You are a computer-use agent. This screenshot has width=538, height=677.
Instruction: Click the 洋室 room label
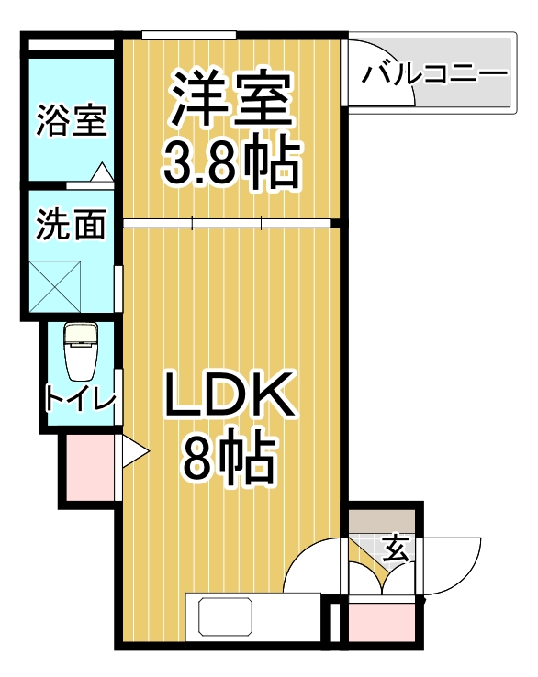click(230, 100)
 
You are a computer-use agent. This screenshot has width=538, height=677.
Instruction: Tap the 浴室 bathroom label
click(72, 121)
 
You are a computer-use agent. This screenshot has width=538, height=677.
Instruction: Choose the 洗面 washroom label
click(71, 225)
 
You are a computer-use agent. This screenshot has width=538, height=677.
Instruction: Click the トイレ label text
click(80, 400)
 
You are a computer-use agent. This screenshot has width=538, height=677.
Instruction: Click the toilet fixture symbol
click(81, 351)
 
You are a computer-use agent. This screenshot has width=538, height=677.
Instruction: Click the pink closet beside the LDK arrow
click(91, 468)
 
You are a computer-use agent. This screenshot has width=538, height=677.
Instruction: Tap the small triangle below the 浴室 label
click(102, 172)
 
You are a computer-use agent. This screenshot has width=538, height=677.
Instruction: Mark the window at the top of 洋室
click(189, 36)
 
